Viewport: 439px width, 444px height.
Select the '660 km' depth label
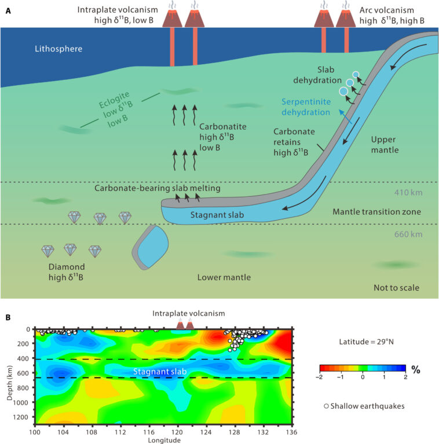(403, 234)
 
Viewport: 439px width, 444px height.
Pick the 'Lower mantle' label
(224, 277)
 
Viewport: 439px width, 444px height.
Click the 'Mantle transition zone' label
(380, 212)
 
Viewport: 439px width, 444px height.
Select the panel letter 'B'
(7, 317)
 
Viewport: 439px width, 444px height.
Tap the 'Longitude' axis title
(165, 439)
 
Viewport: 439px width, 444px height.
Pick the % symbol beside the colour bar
(415, 368)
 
